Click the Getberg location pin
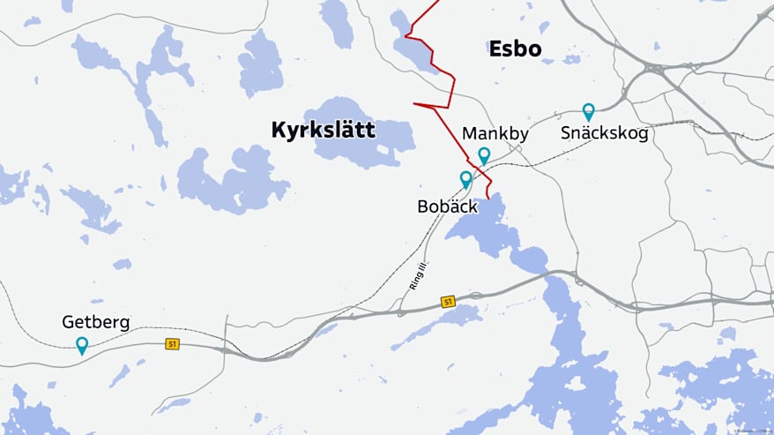click(x=82, y=345)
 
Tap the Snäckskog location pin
click(x=588, y=111)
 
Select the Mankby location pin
click(x=484, y=155)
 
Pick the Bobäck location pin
click(x=466, y=179)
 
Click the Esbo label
click(x=515, y=49)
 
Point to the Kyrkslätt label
click(x=323, y=131)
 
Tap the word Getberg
click(x=95, y=322)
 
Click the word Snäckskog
click(x=604, y=134)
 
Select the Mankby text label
click(x=495, y=134)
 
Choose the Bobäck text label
click(x=447, y=206)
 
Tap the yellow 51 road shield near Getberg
click(x=172, y=344)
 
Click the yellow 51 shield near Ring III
click(x=448, y=302)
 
